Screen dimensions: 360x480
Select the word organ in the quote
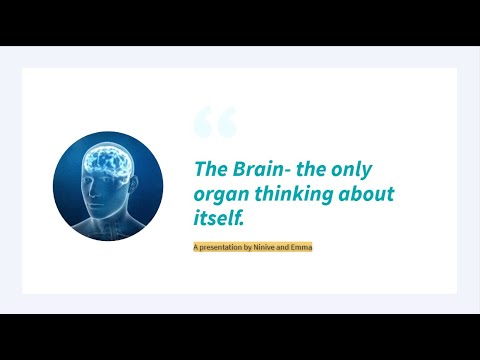point(218,194)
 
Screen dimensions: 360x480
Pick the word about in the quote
point(367,194)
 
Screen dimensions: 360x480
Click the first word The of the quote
point(208,169)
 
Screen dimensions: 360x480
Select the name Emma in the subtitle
point(302,246)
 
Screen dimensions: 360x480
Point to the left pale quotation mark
point(203,122)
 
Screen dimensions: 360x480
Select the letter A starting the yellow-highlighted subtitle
point(196,246)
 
